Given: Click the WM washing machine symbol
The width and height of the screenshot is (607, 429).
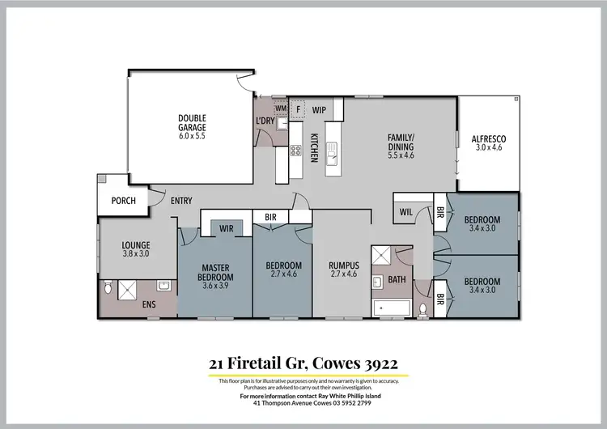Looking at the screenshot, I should point(281,108).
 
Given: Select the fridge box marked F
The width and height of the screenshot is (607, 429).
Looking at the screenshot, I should point(298,108).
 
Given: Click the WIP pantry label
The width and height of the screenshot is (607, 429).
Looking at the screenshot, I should point(318,108).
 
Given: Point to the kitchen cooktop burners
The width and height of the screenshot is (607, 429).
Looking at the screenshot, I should point(296,150).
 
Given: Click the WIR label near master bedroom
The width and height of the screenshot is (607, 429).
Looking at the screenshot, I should point(227,229).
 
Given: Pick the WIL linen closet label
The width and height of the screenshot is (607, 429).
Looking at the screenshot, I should point(406,213).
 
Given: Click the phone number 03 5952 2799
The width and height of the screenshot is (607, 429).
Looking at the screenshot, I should point(350,402).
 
